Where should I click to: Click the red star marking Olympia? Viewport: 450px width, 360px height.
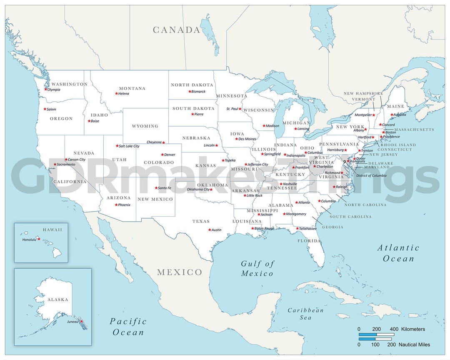(x=46, y=89)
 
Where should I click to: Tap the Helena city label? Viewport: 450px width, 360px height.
(x=124, y=94)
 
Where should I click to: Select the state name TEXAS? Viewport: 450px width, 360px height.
(x=201, y=221)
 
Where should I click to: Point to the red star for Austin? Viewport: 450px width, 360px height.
(x=210, y=230)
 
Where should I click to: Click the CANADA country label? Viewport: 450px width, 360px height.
(x=176, y=30)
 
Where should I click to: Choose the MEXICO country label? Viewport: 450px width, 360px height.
(x=179, y=272)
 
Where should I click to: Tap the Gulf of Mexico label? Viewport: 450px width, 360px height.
(x=257, y=268)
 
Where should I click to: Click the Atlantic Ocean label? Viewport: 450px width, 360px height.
(x=398, y=253)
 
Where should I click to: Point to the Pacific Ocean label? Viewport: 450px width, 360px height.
(x=128, y=327)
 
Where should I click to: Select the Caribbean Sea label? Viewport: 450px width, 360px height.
(x=305, y=314)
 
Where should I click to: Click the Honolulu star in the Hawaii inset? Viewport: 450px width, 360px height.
(x=39, y=239)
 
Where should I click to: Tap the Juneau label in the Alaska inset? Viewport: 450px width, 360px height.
(x=72, y=321)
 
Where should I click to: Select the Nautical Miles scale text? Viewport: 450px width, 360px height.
(x=414, y=345)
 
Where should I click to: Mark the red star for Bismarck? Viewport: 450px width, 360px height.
(x=190, y=91)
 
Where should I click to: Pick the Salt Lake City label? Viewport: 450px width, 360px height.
(x=129, y=146)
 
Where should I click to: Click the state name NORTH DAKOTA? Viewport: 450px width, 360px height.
(x=192, y=85)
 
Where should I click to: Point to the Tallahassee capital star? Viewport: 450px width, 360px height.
(x=297, y=228)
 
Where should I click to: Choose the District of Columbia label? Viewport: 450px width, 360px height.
(x=371, y=175)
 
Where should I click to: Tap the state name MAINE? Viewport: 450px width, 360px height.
(x=395, y=106)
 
